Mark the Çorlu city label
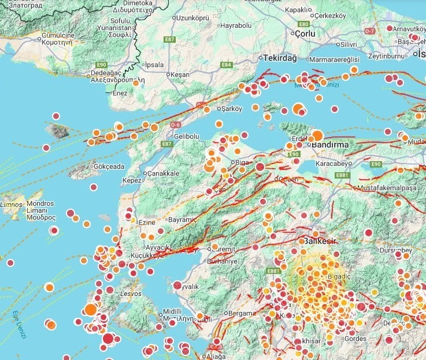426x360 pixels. pos(306,34)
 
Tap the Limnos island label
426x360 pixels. pos(11,205)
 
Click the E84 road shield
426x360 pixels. pos(227,65)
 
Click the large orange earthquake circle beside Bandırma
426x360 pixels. pos(317,136)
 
